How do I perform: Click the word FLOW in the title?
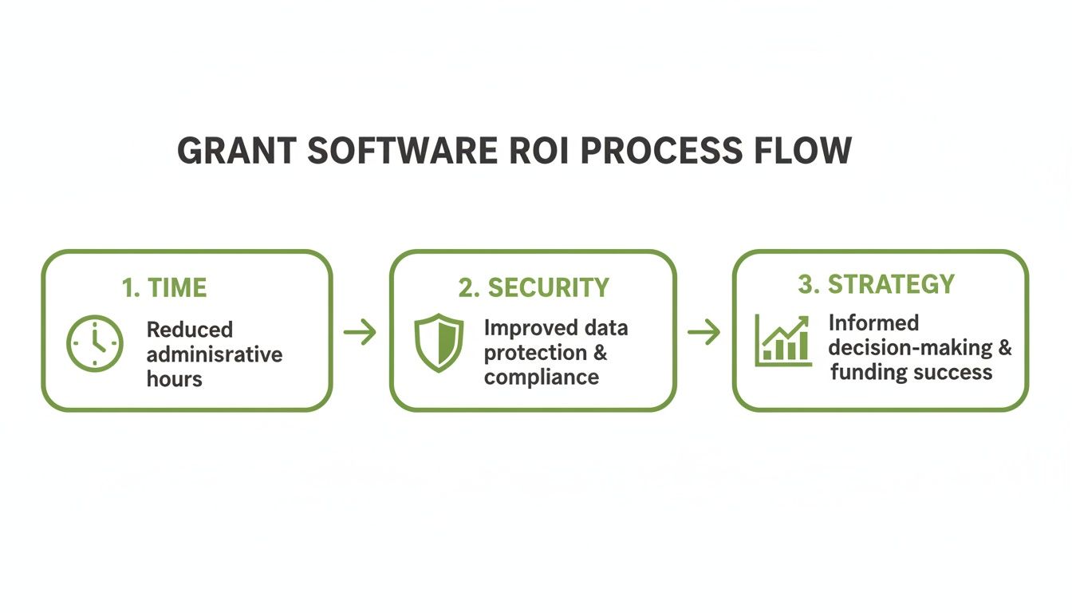tap(806, 151)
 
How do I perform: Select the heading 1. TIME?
tap(164, 288)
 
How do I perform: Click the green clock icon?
tap(95, 343)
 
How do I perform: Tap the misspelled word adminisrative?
tap(215, 354)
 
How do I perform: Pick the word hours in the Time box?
tap(174, 378)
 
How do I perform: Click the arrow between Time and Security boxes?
tap(361, 332)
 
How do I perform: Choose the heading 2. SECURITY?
tap(533, 288)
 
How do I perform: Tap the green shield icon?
tap(439, 343)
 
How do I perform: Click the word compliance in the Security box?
tap(541, 377)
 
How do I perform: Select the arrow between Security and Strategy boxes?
tap(703, 332)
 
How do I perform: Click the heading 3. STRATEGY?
tap(876, 284)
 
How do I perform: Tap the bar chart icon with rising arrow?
tap(783, 341)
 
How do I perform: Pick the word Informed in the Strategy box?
tap(873, 323)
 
